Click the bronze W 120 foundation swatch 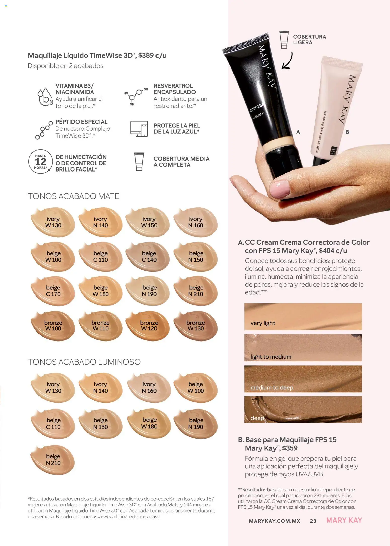pos(149,326)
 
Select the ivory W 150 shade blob pos(149,222)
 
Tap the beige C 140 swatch pos(149,257)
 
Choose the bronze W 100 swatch pos(53,326)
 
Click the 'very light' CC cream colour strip pos(303,317)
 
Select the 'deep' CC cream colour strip pos(303,409)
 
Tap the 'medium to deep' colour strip pos(303,379)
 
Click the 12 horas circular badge pos(41,162)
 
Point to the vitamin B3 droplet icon pos(45,96)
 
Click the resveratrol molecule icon pos(135,96)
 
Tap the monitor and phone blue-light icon pos(139,129)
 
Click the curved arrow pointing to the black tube pos(287,61)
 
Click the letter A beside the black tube pos(298,132)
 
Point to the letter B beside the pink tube pos(347,132)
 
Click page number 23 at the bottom pos(313,521)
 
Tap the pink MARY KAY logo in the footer pos(344,520)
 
